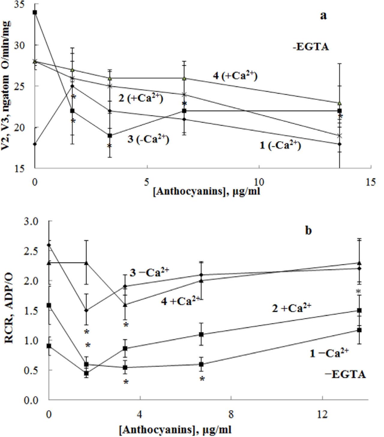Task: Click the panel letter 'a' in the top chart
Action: click(x=323, y=16)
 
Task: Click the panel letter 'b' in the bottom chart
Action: click(x=308, y=231)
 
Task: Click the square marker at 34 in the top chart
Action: click(x=35, y=12)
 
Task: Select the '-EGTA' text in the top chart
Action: click(x=311, y=47)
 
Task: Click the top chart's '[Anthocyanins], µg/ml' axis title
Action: click(x=206, y=191)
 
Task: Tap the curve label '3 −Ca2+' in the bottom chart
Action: click(x=149, y=272)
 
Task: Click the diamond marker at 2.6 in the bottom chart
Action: click(x=49, y=245)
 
